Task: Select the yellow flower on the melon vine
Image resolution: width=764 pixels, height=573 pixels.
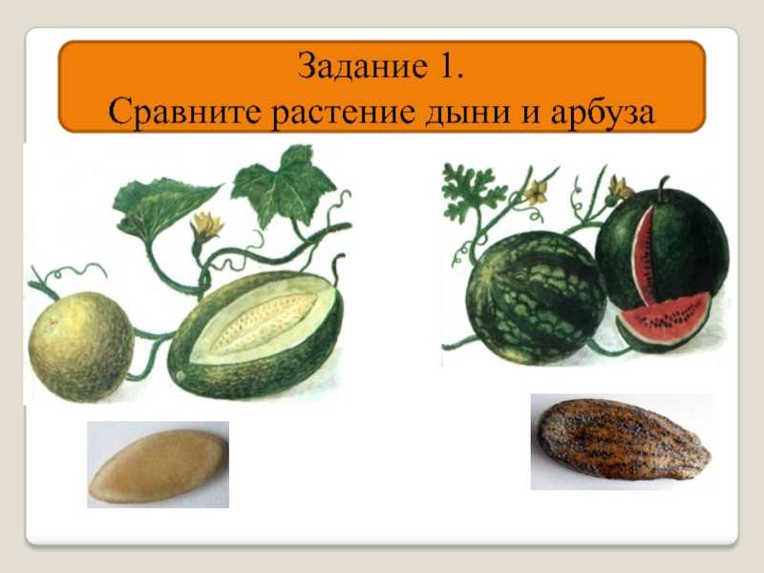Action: click(206, 225)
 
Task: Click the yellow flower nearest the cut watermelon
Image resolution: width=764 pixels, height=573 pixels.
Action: click(619, 187)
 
